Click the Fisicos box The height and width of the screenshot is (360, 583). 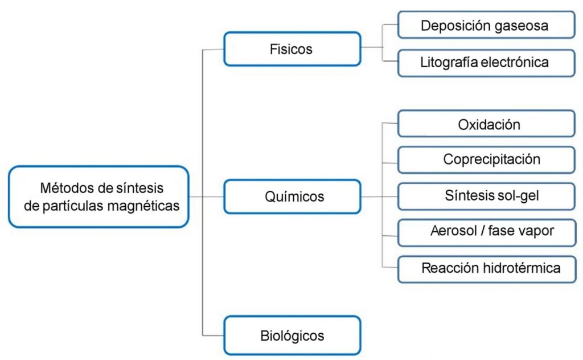(291, 49)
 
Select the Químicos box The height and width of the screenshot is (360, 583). (291, 197)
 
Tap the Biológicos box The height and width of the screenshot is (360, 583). (291, 335)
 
